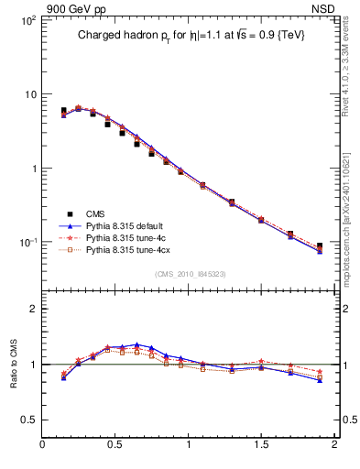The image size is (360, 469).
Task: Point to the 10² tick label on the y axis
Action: (27, 20)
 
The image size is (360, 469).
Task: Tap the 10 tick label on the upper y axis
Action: (30, 94)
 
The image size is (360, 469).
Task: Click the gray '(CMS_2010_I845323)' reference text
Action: (189, 274)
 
